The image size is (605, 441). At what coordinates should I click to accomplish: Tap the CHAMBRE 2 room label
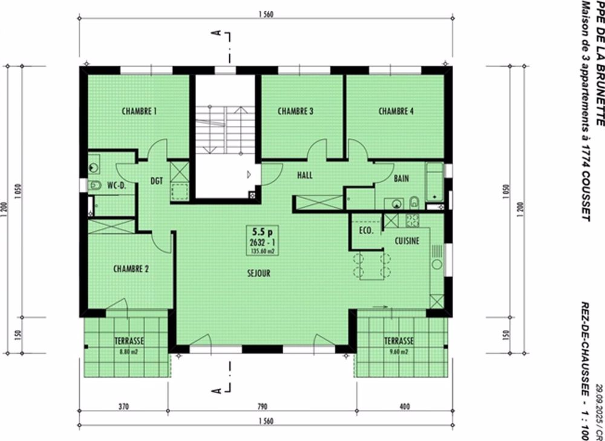point(131,270)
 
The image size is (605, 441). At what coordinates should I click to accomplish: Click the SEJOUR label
point(258,273)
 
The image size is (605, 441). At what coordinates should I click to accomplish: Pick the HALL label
point(304,176)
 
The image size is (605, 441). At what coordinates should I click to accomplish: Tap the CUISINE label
point(407,240)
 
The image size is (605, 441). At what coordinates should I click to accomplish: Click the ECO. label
point(366,231)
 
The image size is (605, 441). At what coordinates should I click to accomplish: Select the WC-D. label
point(116,185)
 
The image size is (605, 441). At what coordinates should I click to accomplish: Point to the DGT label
point(157,180)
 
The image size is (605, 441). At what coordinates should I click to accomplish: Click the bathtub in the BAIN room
point(434,182)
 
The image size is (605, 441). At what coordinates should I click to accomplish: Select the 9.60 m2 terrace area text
point(399,350)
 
